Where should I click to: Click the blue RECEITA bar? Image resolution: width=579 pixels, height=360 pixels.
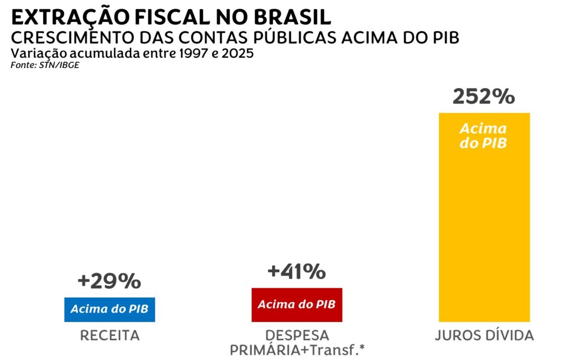coord(110,309)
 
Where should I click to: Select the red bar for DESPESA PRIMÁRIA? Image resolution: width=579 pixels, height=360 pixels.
coord(297,305)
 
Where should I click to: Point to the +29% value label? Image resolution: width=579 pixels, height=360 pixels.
coord(110,281)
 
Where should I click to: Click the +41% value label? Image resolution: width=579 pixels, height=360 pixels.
coord(297,271)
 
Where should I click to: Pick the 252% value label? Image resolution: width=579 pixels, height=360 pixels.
coord(484,97)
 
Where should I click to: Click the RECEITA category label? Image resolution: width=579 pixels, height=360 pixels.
coord(110,336)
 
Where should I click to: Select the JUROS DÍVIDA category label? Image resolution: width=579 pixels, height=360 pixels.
coord(484,336)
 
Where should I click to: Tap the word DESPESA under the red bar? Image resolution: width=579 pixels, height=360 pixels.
coord(297,336)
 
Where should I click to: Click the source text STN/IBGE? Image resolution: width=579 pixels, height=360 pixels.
coord(52,66)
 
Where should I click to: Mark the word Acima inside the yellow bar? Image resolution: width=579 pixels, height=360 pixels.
coord(484,128)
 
